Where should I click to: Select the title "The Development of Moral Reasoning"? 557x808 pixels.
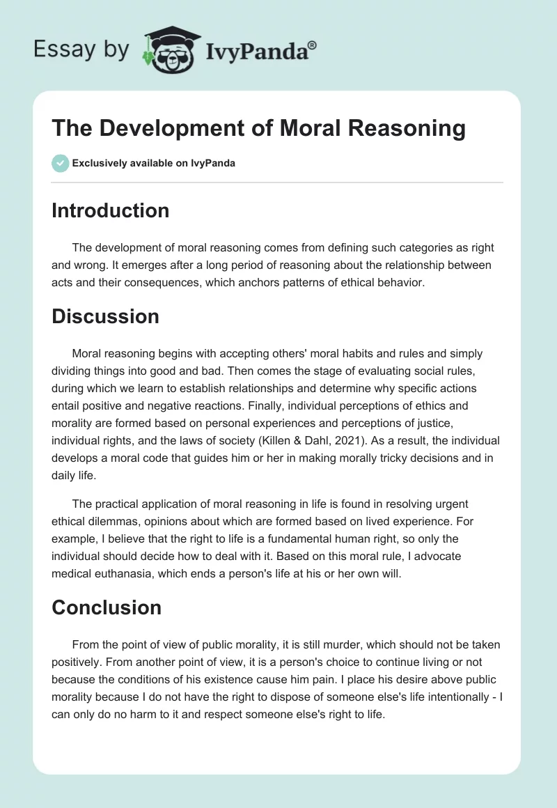(258, 129)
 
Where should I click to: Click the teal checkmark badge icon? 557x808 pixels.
(60, 164)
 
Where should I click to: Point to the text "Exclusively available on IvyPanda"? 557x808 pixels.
(153, 164)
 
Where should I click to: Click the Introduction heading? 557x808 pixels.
(110, 210)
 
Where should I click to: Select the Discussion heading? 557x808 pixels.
(105, 316)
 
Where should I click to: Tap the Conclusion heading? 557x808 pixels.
(107, 607)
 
